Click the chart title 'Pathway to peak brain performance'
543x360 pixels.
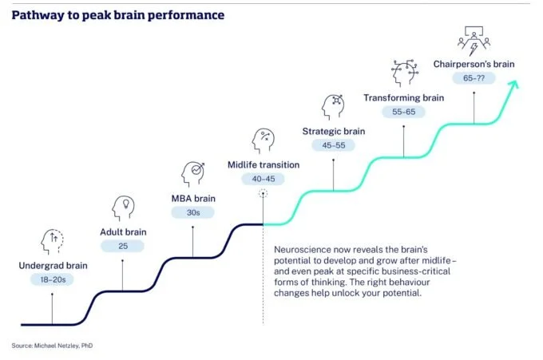pos(117,14)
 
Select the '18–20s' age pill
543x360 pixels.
pos(52,279)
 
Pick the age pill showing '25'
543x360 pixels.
pos(123,246)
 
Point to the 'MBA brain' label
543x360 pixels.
pos(192,199)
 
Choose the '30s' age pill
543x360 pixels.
pos(192,213)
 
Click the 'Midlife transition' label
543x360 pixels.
pos(263,165)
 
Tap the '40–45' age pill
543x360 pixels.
pos(263,180)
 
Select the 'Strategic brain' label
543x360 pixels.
pos(333,131)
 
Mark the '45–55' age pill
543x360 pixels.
pos(333,146)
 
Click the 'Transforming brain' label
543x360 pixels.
pos(403,97)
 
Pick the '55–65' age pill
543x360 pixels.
pos(403,113)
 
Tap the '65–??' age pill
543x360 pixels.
pos(474,78)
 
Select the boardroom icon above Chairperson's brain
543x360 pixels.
pos(475,39)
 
